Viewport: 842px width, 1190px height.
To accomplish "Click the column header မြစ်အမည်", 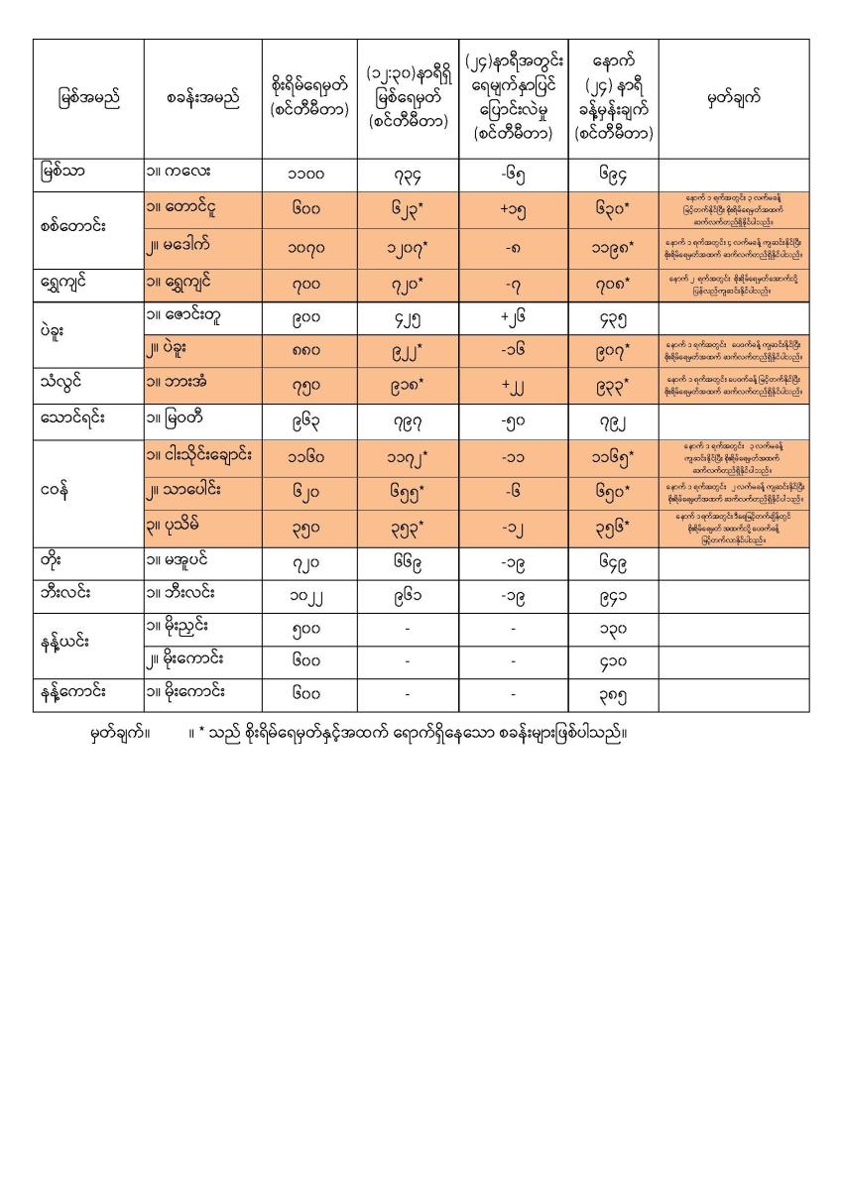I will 88,98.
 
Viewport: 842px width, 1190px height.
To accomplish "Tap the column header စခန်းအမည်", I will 202,98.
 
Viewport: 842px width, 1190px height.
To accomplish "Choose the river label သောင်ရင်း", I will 74,419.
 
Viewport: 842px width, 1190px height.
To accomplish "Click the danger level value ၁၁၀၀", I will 308,175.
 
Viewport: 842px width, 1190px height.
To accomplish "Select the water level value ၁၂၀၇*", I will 408,244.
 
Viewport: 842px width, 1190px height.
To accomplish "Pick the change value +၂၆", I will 513,319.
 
